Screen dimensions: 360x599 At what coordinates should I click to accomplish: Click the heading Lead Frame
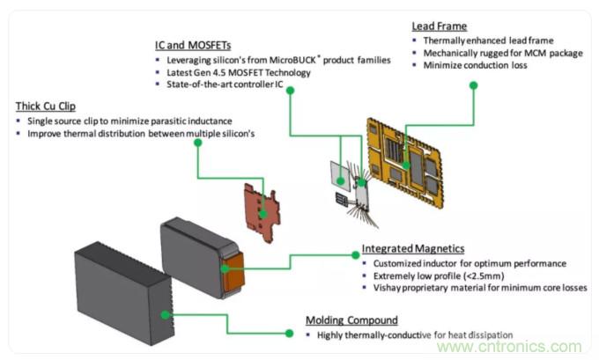pos(439,26)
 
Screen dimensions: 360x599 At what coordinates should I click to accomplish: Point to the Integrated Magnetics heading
pos(413,250)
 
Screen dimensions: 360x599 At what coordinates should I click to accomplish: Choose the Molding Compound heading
pos(351,320)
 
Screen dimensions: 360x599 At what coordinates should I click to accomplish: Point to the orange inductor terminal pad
pos(237,269)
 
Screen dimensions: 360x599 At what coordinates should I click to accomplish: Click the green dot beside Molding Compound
pos(288,334)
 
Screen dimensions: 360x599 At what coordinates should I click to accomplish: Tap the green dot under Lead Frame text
pos(474,85)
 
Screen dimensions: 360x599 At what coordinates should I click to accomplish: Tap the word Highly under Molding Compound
pos(329,334)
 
